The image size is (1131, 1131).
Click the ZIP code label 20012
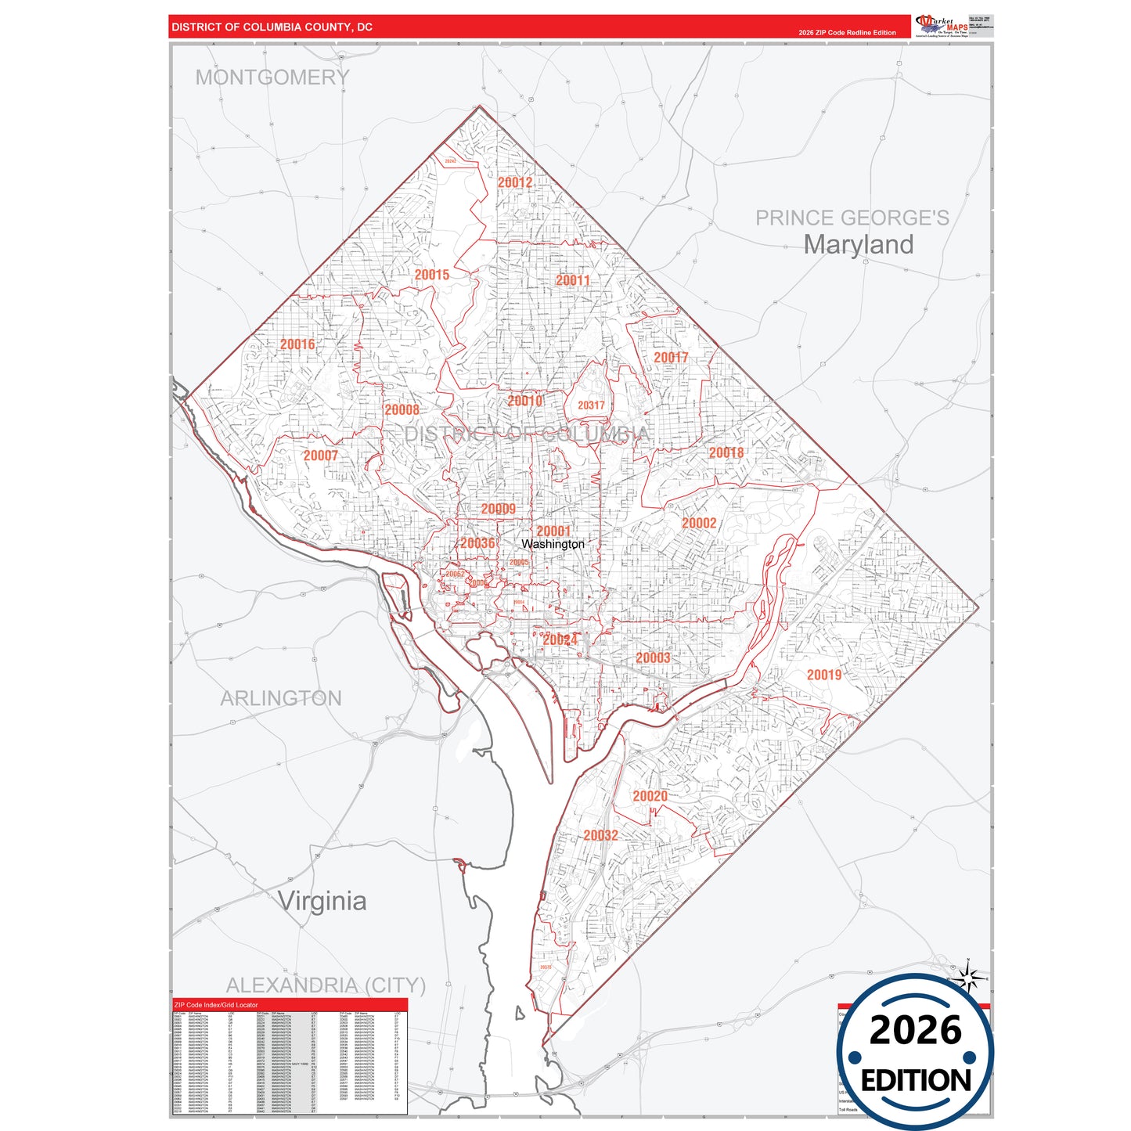point(515,182)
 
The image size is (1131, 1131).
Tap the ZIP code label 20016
point(297,344)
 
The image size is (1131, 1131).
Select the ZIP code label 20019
point(824,675)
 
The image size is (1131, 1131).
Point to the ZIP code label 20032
point(600,835)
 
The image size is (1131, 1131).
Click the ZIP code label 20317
point(591,405)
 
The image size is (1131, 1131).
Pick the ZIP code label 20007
point(320,456)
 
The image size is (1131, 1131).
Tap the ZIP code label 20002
point(699,524)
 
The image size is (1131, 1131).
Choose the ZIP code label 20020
point(650,796)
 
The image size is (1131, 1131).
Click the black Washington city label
point(553,544)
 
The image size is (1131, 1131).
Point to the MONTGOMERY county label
point(272,77)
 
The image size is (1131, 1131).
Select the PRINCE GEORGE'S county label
point(852,218)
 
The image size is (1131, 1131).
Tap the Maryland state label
point(858,244)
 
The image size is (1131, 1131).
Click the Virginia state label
point(322,901)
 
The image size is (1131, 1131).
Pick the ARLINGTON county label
point(281,698)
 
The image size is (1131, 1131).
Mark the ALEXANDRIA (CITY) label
point(326,985)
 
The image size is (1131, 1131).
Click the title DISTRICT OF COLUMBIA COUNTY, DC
point(272,27)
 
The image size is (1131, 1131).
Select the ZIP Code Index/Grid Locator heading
point(216,1005)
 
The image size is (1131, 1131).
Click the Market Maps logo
point(942,25)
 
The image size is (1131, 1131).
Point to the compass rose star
point(968,978)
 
